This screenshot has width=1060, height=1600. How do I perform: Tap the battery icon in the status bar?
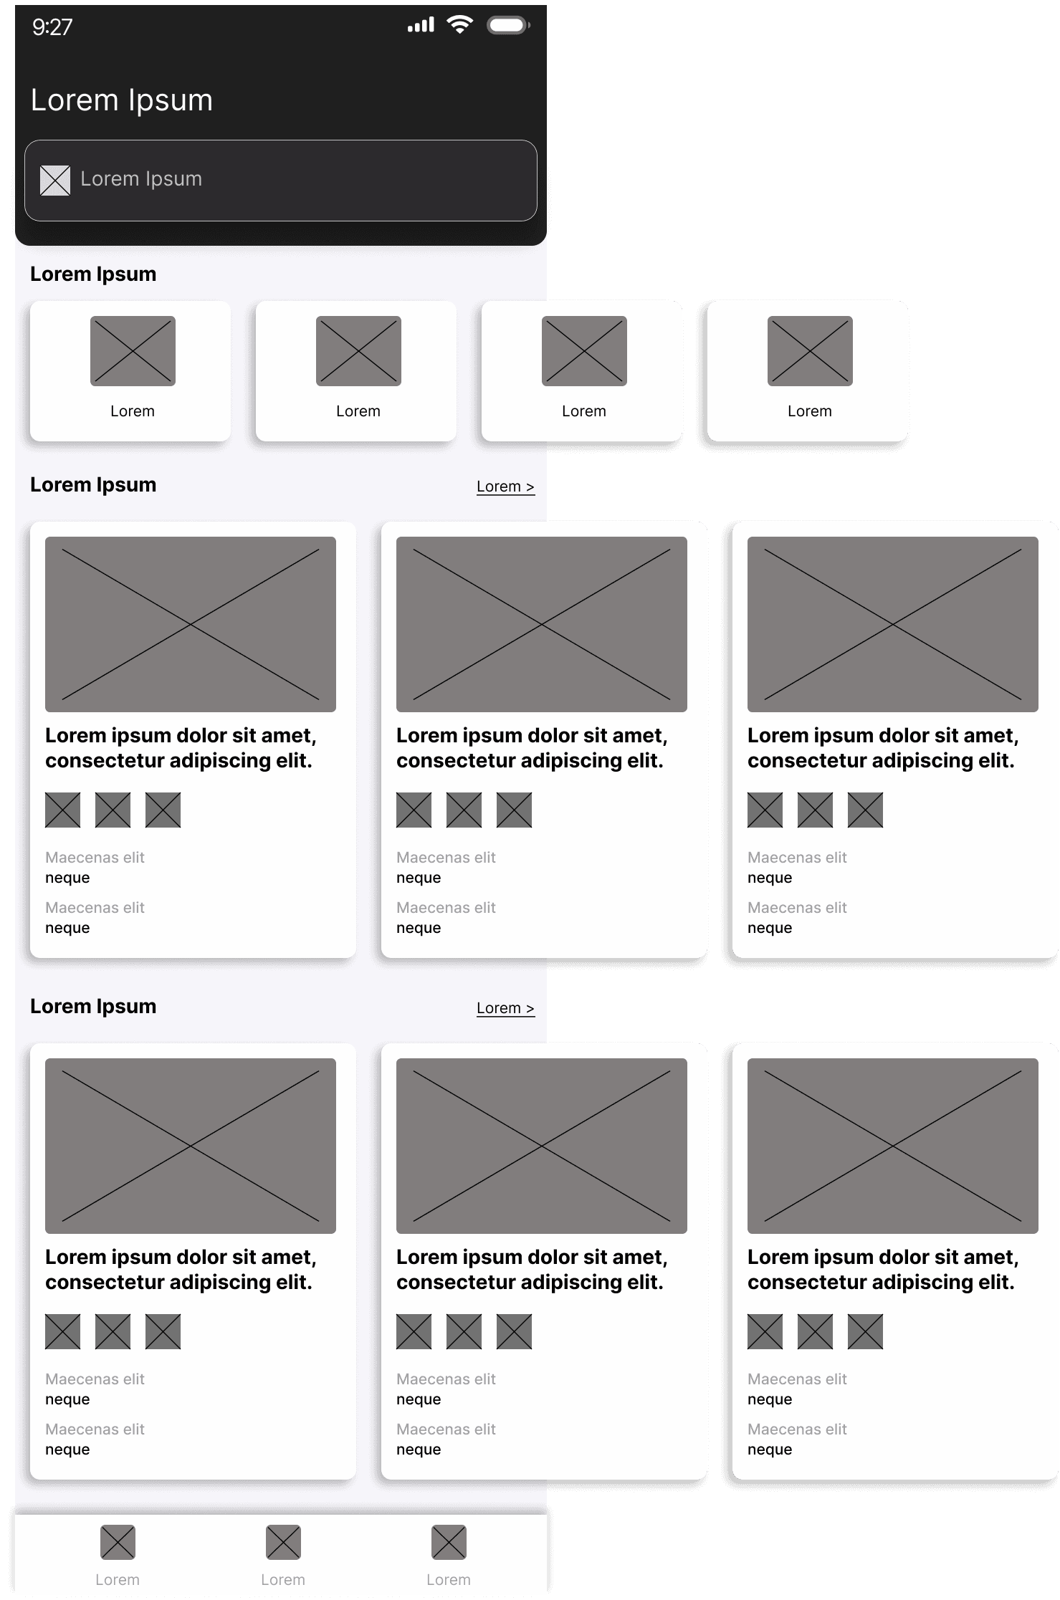tap(507, 26)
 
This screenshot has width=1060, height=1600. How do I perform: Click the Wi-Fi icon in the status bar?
tap(459, 25)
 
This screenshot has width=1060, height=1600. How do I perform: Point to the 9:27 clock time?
tap(52, 27)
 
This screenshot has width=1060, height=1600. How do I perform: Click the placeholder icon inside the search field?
tap(55, 180)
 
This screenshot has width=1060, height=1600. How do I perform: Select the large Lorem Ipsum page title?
tap(122, 100)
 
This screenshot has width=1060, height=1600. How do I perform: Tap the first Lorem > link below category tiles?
tap(505, 487)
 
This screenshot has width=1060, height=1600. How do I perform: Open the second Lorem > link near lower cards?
tap(505, 1008)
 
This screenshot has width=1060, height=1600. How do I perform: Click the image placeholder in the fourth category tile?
tap(810, 351)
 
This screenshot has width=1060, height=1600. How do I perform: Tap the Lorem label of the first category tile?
tap(133, 411)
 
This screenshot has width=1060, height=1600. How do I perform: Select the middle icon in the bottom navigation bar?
tap(283, 1542)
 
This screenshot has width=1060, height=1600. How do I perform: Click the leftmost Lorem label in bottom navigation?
tap(118, 1580)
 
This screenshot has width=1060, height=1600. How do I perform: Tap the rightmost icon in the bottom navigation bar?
tap(449, 1542)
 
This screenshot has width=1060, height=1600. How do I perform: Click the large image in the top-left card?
tap(191, 624)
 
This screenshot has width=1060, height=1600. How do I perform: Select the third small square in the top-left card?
tap(163, 810)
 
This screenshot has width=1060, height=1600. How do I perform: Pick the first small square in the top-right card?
tap(765, 810)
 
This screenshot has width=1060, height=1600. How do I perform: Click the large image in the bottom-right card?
tap(893, 1146)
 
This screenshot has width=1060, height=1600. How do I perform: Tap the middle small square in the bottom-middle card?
tap(464, 1332)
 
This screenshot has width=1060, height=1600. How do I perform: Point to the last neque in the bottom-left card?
tap(67, 1450)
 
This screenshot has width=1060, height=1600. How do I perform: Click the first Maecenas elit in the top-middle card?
tap(446, 858)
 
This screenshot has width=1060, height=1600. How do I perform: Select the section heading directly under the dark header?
tap(93, 274)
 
